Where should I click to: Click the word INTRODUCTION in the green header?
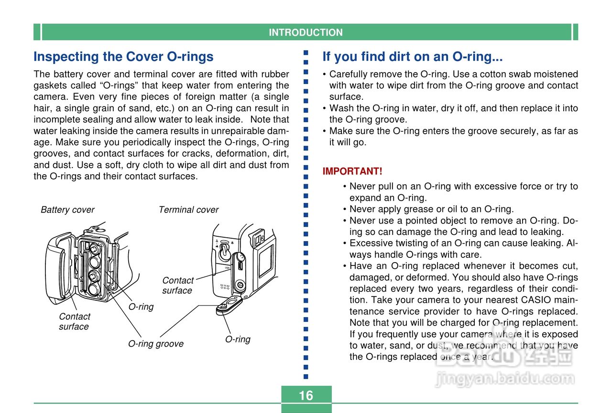(306, 32)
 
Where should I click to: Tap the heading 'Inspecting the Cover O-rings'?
(123, 57)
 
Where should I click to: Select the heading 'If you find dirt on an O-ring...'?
(412, 57)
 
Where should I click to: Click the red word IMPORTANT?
(352, 171)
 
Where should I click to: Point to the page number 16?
(306, 395)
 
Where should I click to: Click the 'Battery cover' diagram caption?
(67, 210)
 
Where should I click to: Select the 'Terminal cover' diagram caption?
(188, 210)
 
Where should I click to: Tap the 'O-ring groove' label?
(156, 344)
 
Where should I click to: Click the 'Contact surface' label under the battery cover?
(74, 321)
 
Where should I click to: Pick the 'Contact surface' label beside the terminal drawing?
(177, 286)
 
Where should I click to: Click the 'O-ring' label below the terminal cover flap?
(238, 339)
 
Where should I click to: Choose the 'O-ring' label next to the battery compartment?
(141, 307)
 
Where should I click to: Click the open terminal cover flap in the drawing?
(229, 304)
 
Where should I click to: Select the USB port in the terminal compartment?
(240, 263)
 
